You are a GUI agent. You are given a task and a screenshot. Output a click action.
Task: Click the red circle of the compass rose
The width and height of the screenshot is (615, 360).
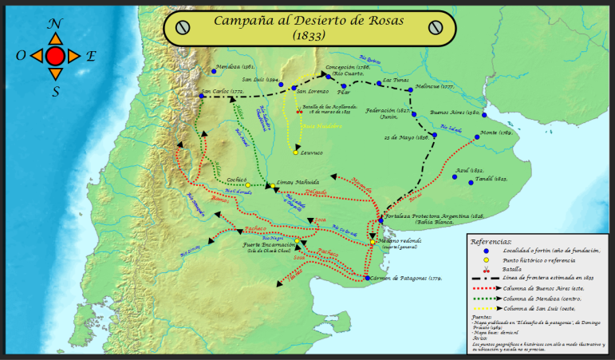point(55,56)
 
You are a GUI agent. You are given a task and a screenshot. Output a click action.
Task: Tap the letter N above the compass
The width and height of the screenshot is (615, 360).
point(55,25)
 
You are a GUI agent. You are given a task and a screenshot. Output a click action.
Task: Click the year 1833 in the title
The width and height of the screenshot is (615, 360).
point(309,36)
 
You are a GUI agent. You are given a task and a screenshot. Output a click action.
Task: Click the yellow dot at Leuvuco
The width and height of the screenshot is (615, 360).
point(295,152)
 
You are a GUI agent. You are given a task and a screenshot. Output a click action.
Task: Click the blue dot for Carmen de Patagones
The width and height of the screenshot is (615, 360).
point(367,278)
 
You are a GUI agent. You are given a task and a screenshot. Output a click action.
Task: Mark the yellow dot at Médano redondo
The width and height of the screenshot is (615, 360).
point(373,242)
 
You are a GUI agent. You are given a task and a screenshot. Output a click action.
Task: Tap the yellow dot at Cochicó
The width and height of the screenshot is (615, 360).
point(226,185)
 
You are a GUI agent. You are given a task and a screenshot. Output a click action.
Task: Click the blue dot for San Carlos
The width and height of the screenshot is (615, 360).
point(201,96)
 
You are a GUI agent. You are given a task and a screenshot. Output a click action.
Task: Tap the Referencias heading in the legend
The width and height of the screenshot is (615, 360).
point(491,240)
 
